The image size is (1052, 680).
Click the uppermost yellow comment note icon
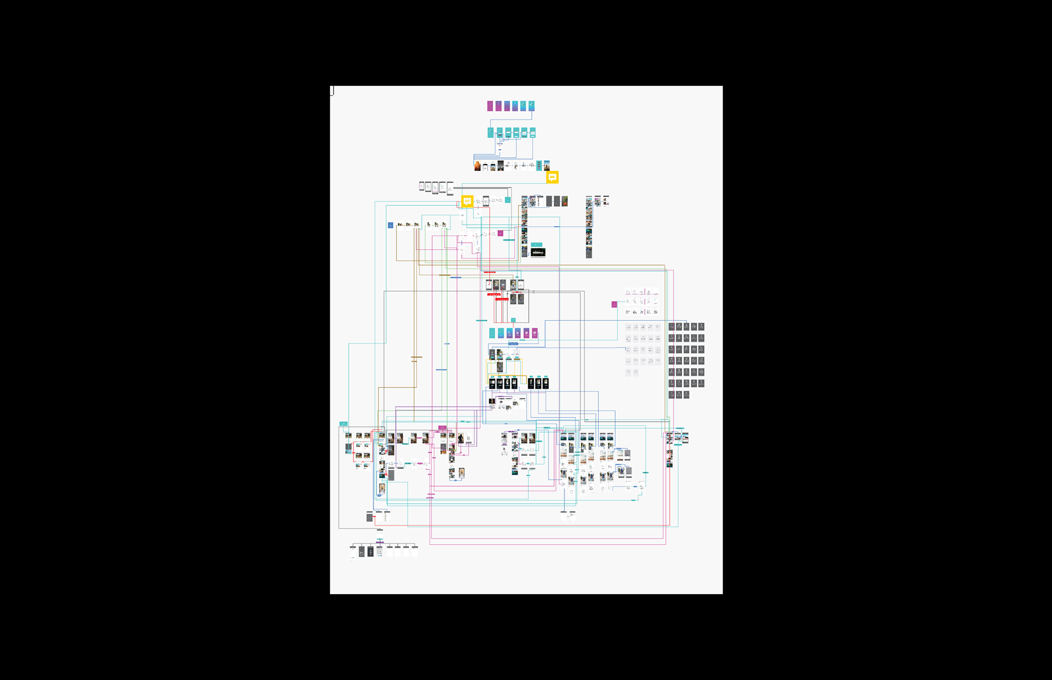552,177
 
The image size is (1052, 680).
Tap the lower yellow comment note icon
467,201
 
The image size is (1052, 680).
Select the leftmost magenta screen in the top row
490,106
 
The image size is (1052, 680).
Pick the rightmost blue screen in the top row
531,106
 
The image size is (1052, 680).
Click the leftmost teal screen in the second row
490,132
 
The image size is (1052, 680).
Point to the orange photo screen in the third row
477,166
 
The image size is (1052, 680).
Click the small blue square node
390,225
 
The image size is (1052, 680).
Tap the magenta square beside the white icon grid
614,304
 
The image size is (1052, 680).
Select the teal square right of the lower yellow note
507,200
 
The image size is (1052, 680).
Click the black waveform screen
538,252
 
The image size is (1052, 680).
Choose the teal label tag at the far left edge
343,424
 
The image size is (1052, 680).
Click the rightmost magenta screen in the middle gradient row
535,333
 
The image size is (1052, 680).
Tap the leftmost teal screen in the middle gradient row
492,333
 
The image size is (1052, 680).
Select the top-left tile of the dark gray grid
671,326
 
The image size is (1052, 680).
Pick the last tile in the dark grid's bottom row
687,394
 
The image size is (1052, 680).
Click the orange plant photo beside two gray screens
564,201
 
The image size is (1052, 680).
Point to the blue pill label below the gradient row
513,343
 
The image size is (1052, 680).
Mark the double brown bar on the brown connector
416,359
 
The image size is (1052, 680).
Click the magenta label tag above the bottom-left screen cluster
442,428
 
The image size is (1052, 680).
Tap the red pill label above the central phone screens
489,272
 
